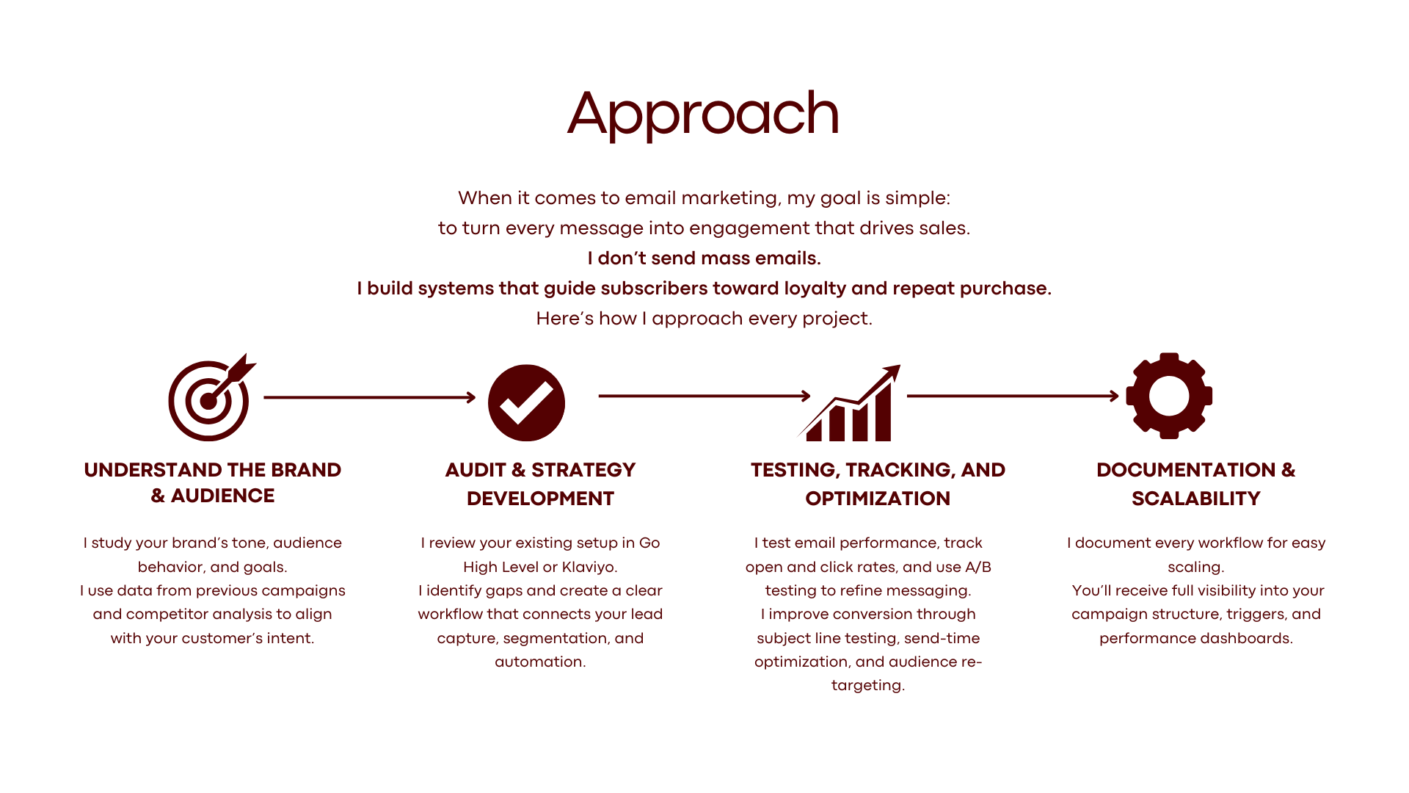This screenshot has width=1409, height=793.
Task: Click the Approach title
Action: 703,114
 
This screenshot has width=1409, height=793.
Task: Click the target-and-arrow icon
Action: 210,399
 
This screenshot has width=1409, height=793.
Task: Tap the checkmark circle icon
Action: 526,402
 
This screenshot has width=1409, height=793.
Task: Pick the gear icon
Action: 1168,396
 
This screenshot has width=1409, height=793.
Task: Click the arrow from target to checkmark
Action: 369,397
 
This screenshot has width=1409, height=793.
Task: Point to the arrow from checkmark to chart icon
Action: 704,396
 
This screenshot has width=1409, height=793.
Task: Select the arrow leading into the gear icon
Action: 1013,396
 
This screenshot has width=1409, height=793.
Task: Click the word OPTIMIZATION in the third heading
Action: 877,499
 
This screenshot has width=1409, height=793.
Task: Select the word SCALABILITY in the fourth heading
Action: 1195,499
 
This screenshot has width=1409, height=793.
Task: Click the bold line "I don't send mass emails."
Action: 704,258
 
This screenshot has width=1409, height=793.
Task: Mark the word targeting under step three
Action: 867,685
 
